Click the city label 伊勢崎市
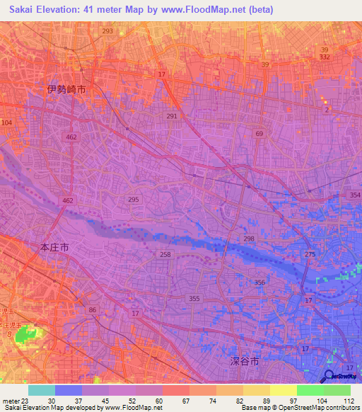(x=66, y=90)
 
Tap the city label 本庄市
(x=54, y=248)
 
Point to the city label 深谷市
(x=245, y=361)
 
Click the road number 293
(x=107, y=32)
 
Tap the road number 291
(x=173, y=115)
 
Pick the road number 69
(x=259, y=133)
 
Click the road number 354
(x=354, y=194)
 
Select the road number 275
(x=310, y=253)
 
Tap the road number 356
(x=260, y=282)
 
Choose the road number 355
(x=194, y=299)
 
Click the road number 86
(x=92, y=310)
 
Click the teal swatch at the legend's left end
(x=42, y=390)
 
